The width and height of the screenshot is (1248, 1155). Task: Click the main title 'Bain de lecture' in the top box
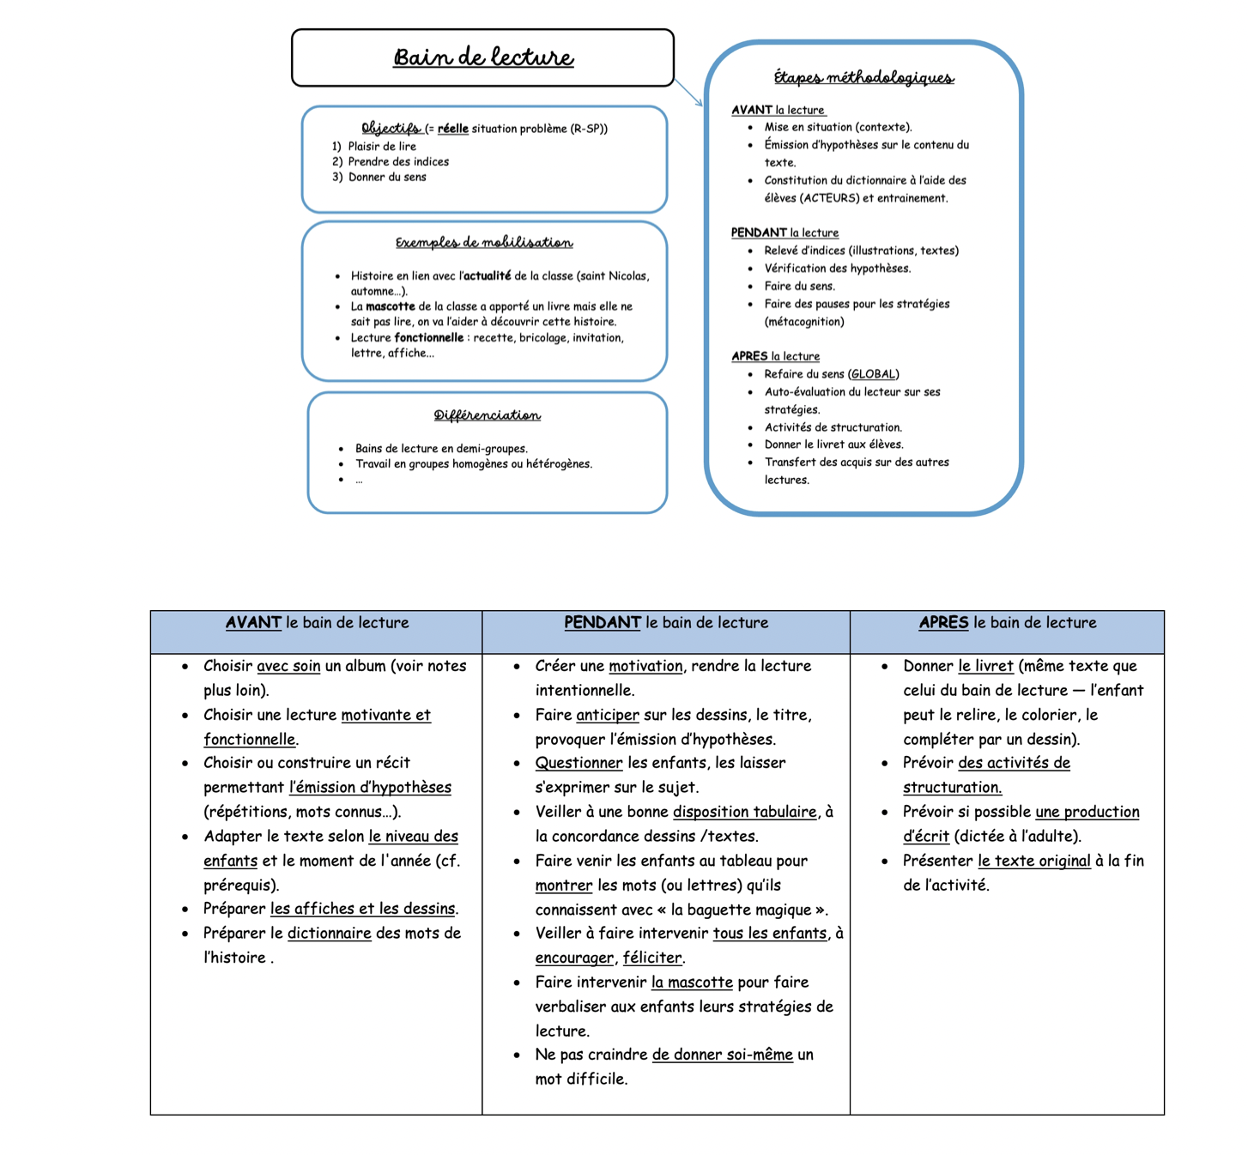click(483, 57)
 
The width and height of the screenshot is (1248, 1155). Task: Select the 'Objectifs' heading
click(391, 128)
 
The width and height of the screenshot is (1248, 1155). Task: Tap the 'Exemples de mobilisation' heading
click(484, 243)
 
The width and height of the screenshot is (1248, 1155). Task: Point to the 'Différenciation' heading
click(487, 415)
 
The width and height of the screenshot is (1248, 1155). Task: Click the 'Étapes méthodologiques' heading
click(863, 78)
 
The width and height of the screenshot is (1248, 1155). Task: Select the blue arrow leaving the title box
click(688, 93)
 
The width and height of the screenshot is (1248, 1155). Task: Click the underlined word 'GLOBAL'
click(873, 374)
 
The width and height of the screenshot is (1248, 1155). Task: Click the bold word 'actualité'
click(486, 275)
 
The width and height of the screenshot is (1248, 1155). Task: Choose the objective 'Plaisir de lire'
click(382, 147)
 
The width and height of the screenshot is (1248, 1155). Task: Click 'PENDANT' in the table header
click(602, 623)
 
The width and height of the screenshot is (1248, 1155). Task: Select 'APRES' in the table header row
click(943, 623)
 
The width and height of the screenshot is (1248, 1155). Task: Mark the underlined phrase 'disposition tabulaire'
click(744, 812)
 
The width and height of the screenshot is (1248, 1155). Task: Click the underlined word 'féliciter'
click(652, 958)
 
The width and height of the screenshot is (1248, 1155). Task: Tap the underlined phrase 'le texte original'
click(1034, 861)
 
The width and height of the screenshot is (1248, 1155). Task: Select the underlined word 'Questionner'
click(579, 763)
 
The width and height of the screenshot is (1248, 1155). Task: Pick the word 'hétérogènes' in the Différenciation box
click(558, 464)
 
